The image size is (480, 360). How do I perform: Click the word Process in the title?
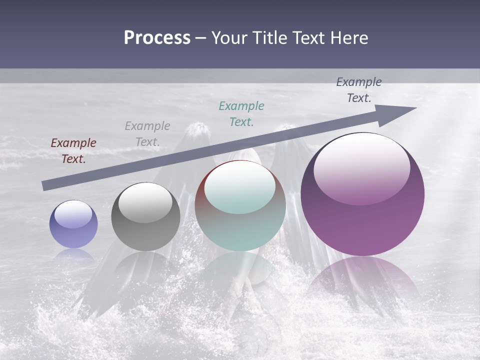[x=157, y=38]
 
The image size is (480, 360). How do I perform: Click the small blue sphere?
[x=73, y=224]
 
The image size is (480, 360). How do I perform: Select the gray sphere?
[x=145, y=217]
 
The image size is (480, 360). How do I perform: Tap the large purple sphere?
[x=362, y=195]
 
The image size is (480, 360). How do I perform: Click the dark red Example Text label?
[x=73, y=151]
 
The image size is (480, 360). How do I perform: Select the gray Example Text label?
[x=147, y=133]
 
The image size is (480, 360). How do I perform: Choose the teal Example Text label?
[x=241, y=113]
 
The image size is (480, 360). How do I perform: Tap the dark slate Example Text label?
[x=359, y=90]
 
